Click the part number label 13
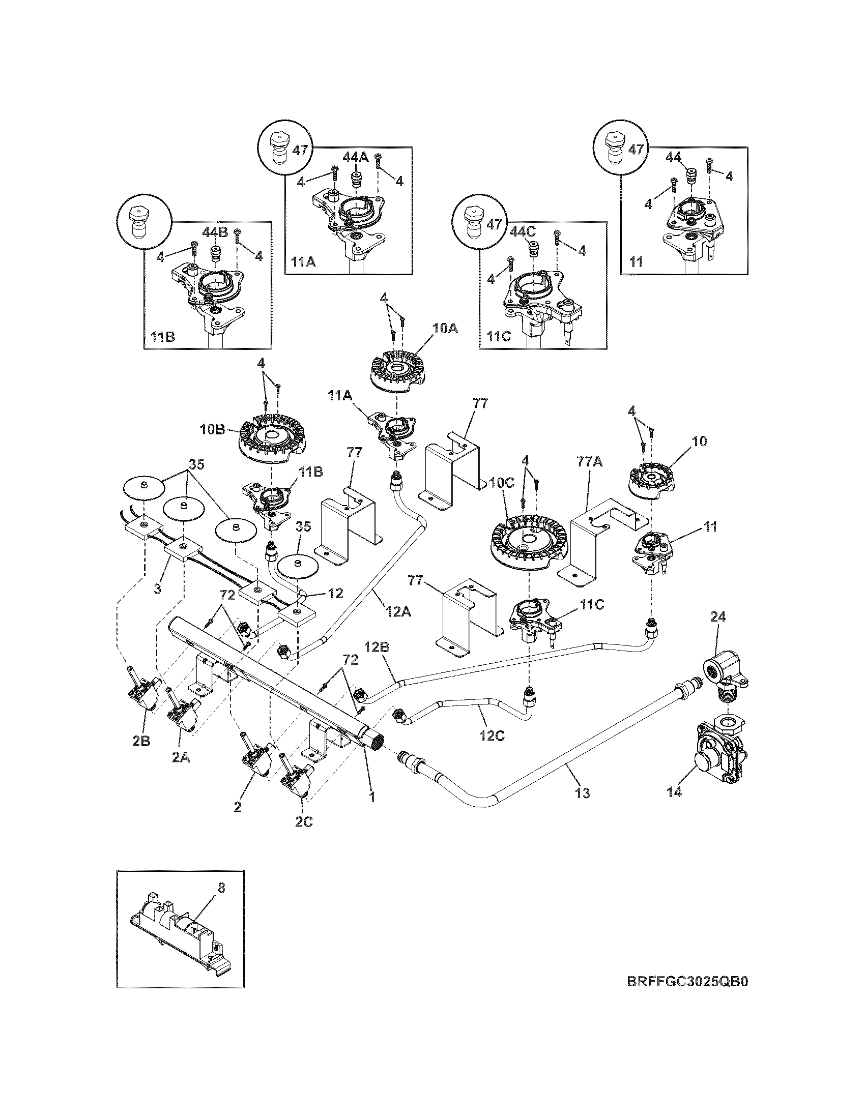pyautogui.click(x=583, y=808)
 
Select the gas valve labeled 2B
pyautogui.click(x=145, y=693)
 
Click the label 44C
pyautogui.click(x=522, y=231)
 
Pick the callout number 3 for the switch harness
pyautogui.click(x=158, y=589)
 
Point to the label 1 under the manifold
pyautogui.click(x=373, y=797)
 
